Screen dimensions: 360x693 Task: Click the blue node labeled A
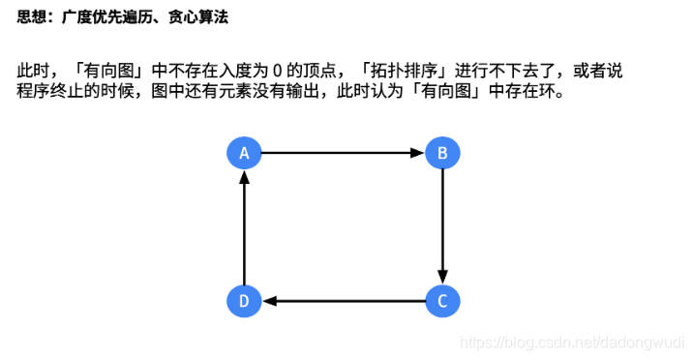tap(245, 152)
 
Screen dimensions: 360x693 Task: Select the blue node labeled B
tap(442, 152)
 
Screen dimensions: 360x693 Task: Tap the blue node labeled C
tap(442, 301)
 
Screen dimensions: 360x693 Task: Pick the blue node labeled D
tap(245, 301)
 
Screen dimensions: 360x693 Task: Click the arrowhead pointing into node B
tap(418, 152)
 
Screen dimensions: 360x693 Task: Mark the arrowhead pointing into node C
tap(442, 277)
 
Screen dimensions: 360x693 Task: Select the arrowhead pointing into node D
tap(269, 301)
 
